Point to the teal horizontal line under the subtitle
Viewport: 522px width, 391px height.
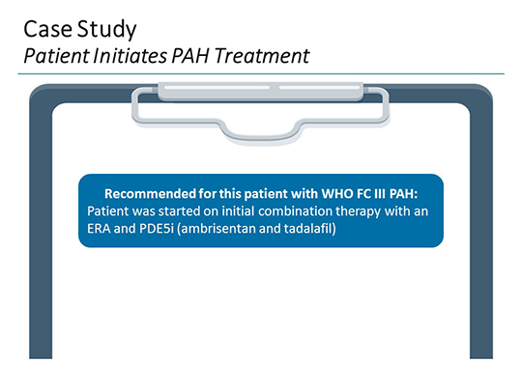click(261, 73)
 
